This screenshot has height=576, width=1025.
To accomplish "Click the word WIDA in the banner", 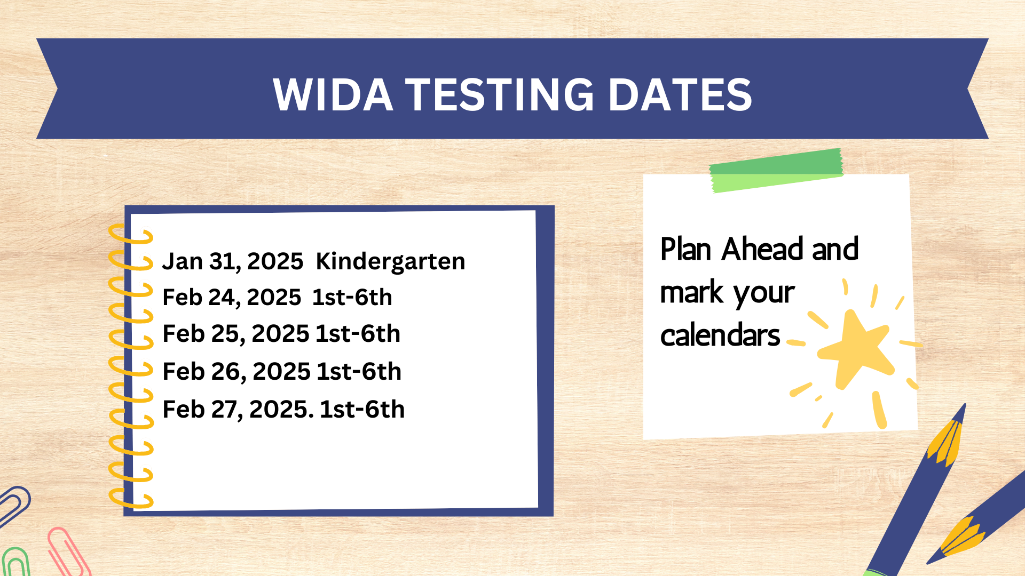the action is click(333, 94).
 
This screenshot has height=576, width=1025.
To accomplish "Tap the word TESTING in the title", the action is click(500, 94).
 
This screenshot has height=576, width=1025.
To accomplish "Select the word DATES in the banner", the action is click(680, 94).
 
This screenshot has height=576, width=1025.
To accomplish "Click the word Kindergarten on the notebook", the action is click(390, 262).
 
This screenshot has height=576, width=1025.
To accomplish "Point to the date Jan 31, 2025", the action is click(233, 261).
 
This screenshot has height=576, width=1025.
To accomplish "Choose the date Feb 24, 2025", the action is click(232, 298).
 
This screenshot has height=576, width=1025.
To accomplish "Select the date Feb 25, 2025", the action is click(236, 334).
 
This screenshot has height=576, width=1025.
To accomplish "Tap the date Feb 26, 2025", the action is click(236, 372).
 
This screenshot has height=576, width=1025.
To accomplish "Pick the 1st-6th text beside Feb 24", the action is click(352, 297).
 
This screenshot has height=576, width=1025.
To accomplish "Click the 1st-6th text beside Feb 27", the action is click(362, 409).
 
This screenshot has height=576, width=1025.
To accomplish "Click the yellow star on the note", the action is click(855, 350).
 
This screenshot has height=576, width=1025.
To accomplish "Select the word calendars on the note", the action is click(720, 335).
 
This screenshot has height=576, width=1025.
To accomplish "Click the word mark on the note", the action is click(691, 292).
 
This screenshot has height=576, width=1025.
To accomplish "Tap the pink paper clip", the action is click(68, 552).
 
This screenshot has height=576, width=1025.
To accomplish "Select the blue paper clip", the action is click(14, 505).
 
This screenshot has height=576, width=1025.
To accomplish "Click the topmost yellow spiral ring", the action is click(131, 234).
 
